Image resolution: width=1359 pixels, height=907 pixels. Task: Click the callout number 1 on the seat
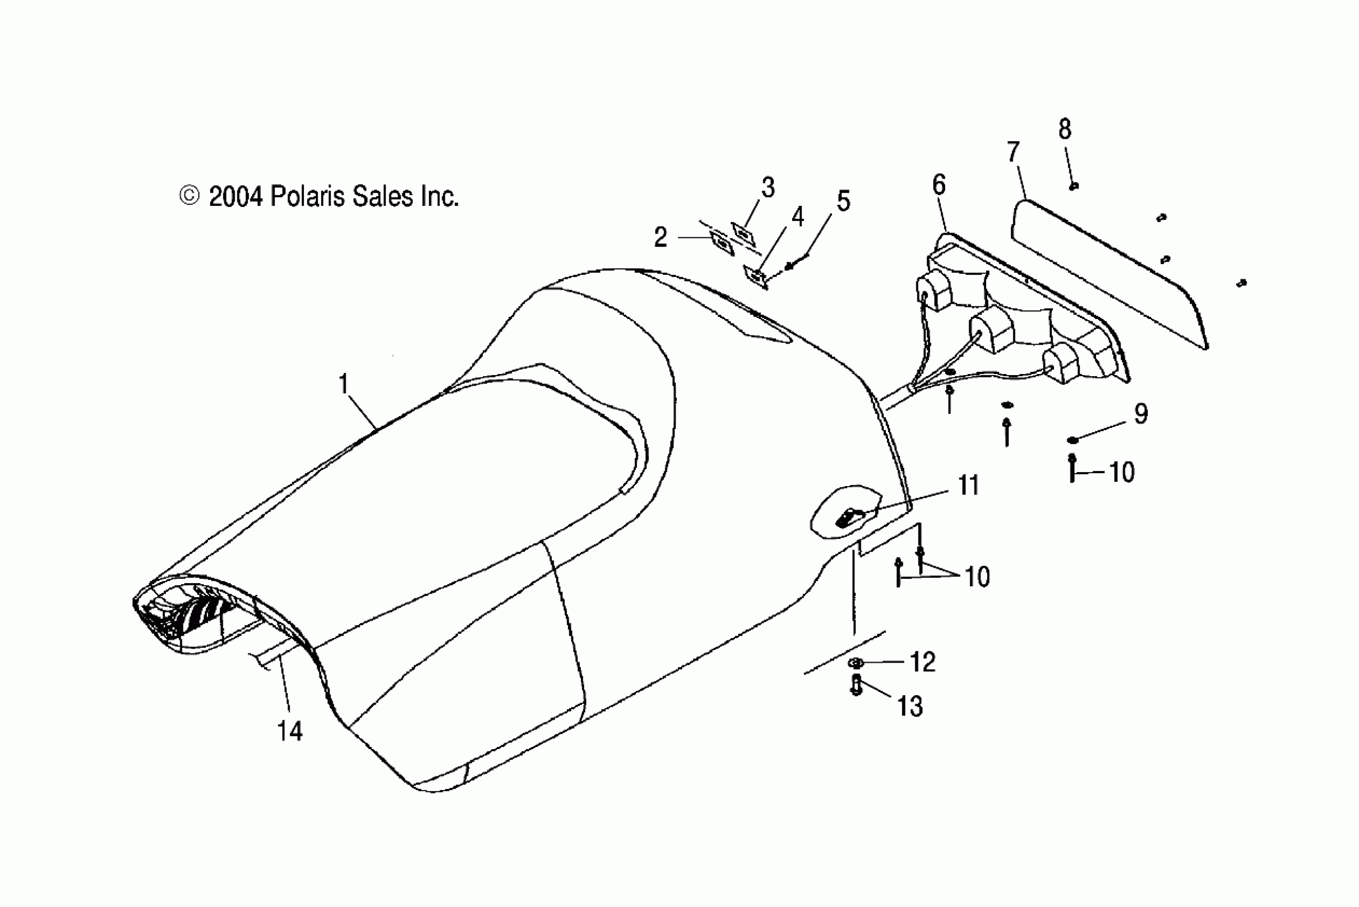(343, 384)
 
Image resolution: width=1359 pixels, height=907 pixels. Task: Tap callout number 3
(768, 187)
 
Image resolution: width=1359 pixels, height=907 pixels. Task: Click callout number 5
(844, 201)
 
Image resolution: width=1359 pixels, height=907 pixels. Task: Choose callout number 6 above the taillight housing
(939, 185)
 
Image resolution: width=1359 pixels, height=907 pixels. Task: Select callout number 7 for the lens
(1013, 152)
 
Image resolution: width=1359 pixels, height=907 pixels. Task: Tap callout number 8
(1065, 129)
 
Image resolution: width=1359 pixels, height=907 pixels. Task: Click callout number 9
(1140, 413)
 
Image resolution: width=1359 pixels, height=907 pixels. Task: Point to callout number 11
(969, 485)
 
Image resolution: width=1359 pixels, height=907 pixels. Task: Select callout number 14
(290, 731)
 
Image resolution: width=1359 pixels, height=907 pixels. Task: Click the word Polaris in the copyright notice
(308, 197)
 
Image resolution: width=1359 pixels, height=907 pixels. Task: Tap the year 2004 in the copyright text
(236, 197)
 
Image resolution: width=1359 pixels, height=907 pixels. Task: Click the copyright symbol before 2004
(190, 196)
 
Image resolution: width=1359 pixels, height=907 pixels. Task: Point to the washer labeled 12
(857, 662)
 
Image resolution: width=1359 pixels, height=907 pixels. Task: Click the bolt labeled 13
(857, 685)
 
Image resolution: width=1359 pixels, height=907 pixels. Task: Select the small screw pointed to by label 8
(1074, 186)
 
